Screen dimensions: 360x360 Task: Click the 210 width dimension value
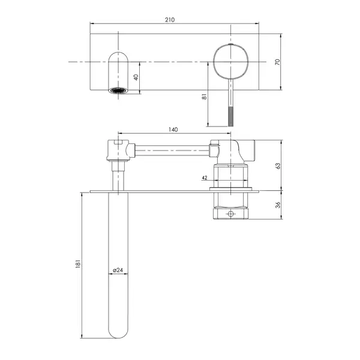pyautogui.click(x=170, y=20)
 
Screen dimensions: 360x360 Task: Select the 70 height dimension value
pyautogui.click(x=278, y=62)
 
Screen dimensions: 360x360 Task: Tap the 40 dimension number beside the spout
pyautogui.click(x=136, y=77)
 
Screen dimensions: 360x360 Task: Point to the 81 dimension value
pyautogui.click(x=204, y=97)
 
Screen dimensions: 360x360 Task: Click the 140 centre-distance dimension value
pyautogui.click(x=173, y=130)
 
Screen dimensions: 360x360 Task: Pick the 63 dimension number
pyautogui.click(x=278, y=166)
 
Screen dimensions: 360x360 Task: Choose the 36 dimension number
pyautogui.click(x=278, y=205)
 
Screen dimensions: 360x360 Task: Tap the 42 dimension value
pyautogui.click(x=205, y=178)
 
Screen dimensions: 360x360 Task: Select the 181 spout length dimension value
pyautogui.click(x=78, y=264)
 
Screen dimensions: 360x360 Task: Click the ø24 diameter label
pyautogui.click(x=118, y=270)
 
